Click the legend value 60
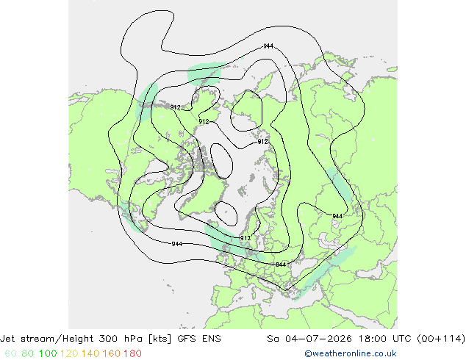10,353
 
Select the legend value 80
28,353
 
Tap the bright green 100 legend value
48,353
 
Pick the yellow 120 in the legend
69,353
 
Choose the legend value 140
90,353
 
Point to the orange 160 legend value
112,353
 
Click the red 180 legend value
132,353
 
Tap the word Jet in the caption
8,339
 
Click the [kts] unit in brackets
159,339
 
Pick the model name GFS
187,339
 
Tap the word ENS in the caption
211,339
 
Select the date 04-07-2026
318,339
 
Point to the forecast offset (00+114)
441,339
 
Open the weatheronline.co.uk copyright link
351,353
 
